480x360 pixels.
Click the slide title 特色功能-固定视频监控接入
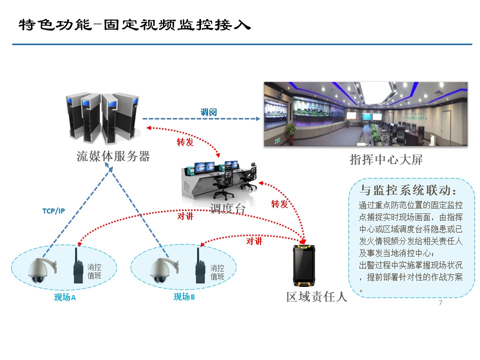[x=134, y=24]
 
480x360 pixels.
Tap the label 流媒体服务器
[x=113, y=156]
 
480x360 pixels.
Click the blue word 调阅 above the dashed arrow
[x=208, y=112]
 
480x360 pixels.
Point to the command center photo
[x=365, y=114]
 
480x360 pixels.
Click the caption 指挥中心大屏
[x=386, y=160]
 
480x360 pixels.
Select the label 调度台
[x=227, y=208]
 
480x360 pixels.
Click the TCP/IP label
[x=53, y=210]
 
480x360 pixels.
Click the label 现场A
[x=64, y=297]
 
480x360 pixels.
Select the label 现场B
[x=184, y=297]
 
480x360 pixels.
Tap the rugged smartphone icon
[x=305, y=264]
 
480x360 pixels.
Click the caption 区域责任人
[x=316, y=296]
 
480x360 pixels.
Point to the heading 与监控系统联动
[x=408, y=190]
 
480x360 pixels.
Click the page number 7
[x=440, y=303]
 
